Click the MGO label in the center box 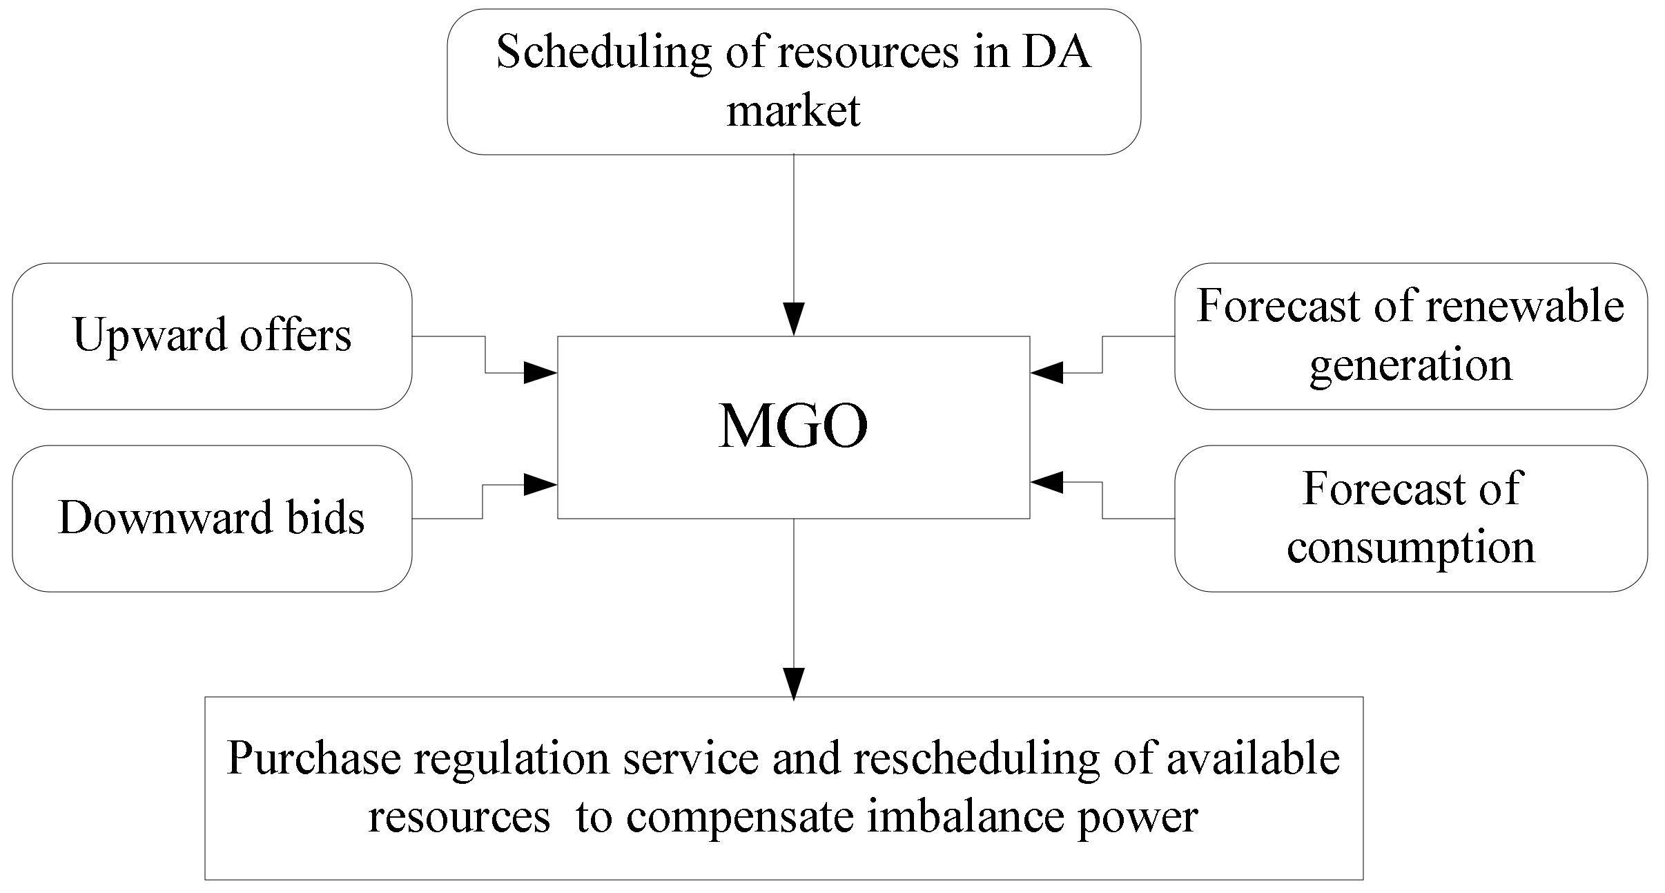793,427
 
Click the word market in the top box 794,111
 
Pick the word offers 295,335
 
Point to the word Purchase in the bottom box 314,758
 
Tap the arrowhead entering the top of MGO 794,320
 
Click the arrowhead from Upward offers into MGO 541,373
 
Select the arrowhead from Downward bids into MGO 541,485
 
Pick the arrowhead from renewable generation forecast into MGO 1047,373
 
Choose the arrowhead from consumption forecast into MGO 1047,482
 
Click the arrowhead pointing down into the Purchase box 794,684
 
